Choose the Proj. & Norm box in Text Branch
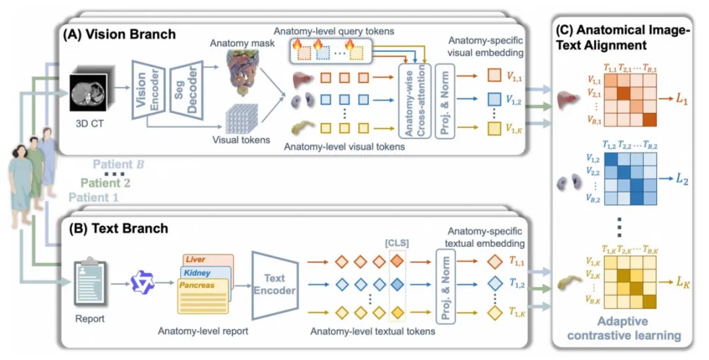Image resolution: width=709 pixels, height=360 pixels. click(x=445, y=286)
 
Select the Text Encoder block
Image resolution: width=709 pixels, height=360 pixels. click(x=275, y=285)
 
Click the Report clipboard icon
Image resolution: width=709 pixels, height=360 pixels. click(x=89, y=281)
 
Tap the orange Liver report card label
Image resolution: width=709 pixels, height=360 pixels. click(x=196, y=259)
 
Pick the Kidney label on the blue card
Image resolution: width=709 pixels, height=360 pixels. click(x=197, y=273)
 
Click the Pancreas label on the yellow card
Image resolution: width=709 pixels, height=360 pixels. click(x=197, y=285)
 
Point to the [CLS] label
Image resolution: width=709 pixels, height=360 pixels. click(x=397, y=243)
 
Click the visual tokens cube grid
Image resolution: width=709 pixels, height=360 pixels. click(x=242, y=118)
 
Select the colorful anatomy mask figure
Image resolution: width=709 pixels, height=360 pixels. click(x=242, y=73)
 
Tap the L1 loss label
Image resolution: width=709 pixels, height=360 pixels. click(x=682, y=99)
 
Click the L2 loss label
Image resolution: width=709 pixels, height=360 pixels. click(x=682, y=179)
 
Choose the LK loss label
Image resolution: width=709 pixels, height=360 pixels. click(x=683, y=282)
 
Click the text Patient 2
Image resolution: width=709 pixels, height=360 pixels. click(x=105, y=183)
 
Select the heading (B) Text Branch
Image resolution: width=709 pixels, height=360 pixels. click(x=118, y=229)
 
